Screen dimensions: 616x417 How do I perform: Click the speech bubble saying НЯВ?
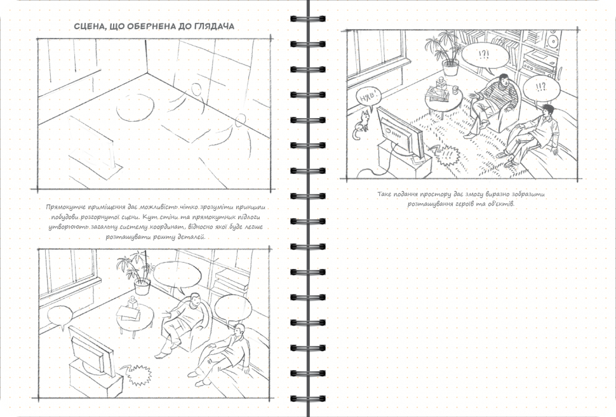click(x=368, y=96)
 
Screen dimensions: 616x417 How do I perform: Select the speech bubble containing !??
click(x=485, y=56)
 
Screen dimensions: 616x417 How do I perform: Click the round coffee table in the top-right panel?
click(x=444, y=99)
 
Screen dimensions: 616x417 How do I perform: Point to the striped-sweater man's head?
click(x=504, y=81)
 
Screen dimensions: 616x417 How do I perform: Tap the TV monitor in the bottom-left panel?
click(x=90, y=349)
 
